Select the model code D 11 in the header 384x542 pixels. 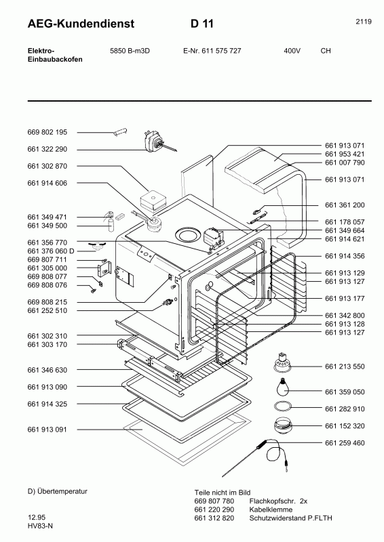(x=203, y=24)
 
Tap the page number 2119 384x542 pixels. (x=363, y=22)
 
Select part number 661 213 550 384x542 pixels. (x=345, y=367)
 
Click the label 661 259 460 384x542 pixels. (x=345, y=443)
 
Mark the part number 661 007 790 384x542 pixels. (x=345, y=163)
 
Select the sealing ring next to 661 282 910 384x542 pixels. (x=284, y=406)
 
